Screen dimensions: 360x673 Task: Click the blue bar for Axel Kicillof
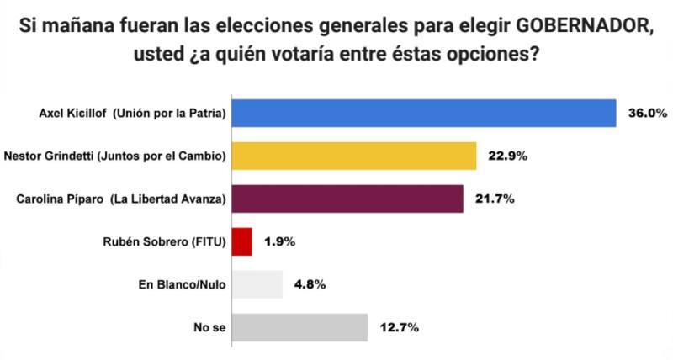[424, 113]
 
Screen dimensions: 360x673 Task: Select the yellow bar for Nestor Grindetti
[354, 156]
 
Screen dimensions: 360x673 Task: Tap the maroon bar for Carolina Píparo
[347, 199]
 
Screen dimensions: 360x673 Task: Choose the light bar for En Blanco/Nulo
[257, 284]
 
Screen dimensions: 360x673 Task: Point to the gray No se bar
[299, 327]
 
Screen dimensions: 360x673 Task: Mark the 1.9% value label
[279, 241]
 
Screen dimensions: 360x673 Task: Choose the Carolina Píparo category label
[122, 199]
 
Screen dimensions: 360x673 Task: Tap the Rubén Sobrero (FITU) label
[163, 241]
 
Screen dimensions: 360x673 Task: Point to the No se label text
[212, 327]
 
